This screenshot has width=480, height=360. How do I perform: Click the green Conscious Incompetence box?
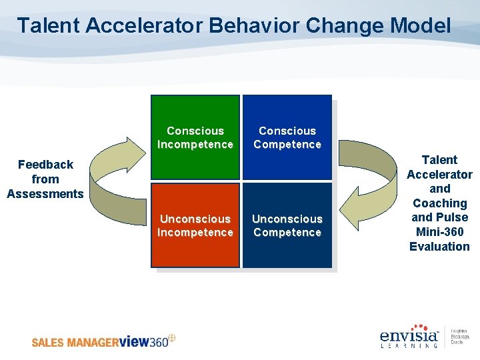click(x=195, y=137)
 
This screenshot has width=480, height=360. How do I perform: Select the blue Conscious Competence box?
click(x=287, y=137)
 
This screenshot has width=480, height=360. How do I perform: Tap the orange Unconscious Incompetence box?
click(x=195, y=225)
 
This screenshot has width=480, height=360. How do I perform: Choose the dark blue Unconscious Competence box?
click(x=287, y=225)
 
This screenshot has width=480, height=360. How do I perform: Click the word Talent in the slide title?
click(x=45, y=26)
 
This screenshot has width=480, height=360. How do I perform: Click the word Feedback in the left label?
click(x=45, y=165)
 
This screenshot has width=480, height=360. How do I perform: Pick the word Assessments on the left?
click(x=45, y=194)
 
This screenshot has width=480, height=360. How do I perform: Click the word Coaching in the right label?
click(x=439, y=203)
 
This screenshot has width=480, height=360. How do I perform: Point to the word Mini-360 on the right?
click(x=439, y=232)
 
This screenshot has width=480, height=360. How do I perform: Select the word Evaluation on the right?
click(x=439, y=247)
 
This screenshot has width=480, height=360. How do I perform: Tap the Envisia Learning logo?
click(x=409, y=337)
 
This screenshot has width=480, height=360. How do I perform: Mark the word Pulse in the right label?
click(x=453, y=217)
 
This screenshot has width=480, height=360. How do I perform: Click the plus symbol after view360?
click(x=171, y=338)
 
